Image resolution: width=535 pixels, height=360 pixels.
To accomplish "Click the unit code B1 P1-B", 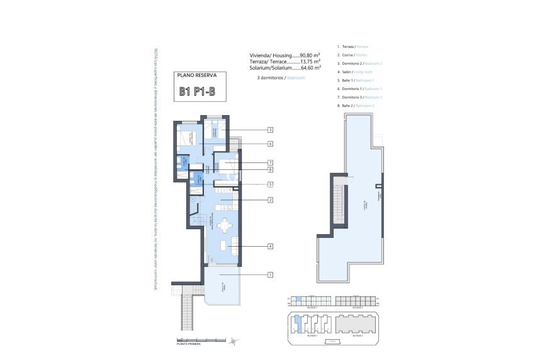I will point(196,92).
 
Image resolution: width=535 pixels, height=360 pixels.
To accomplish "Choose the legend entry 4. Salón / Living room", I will point(356,72).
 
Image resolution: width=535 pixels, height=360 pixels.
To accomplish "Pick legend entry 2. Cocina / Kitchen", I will point(353,55).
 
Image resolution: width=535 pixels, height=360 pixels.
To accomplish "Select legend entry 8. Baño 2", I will point(356,106).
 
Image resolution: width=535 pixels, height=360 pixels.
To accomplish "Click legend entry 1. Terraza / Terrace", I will point(353,47).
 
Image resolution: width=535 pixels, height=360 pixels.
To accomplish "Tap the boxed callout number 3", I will point(269,130).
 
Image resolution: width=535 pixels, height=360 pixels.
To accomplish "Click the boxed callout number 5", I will point(269,184).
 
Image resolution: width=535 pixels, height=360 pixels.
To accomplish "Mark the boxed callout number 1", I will point(269,274).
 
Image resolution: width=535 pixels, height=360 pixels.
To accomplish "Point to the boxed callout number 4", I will point(269,246).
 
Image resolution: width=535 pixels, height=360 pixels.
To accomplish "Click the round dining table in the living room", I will point(225,224).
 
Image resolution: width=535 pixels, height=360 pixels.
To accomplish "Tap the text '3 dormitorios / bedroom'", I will point(281,77).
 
